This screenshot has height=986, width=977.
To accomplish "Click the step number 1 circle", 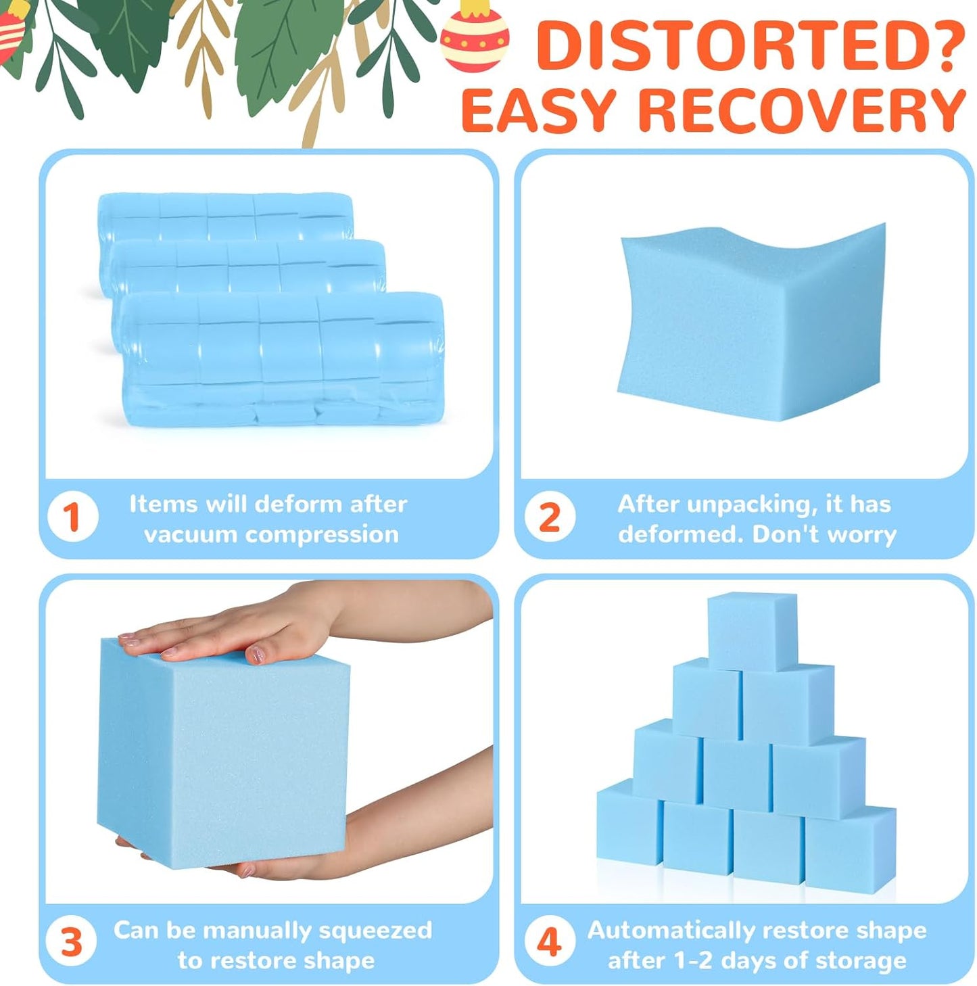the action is pos(72,517).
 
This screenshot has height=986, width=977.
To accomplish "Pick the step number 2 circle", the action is pos(550,517).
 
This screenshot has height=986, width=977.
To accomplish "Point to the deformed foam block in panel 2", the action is pos(751,323).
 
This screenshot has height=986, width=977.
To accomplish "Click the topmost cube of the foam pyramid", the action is pos(752,632).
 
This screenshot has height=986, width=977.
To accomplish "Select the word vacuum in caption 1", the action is pos(189,535).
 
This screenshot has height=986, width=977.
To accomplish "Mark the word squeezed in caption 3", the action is pos(376,931).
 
